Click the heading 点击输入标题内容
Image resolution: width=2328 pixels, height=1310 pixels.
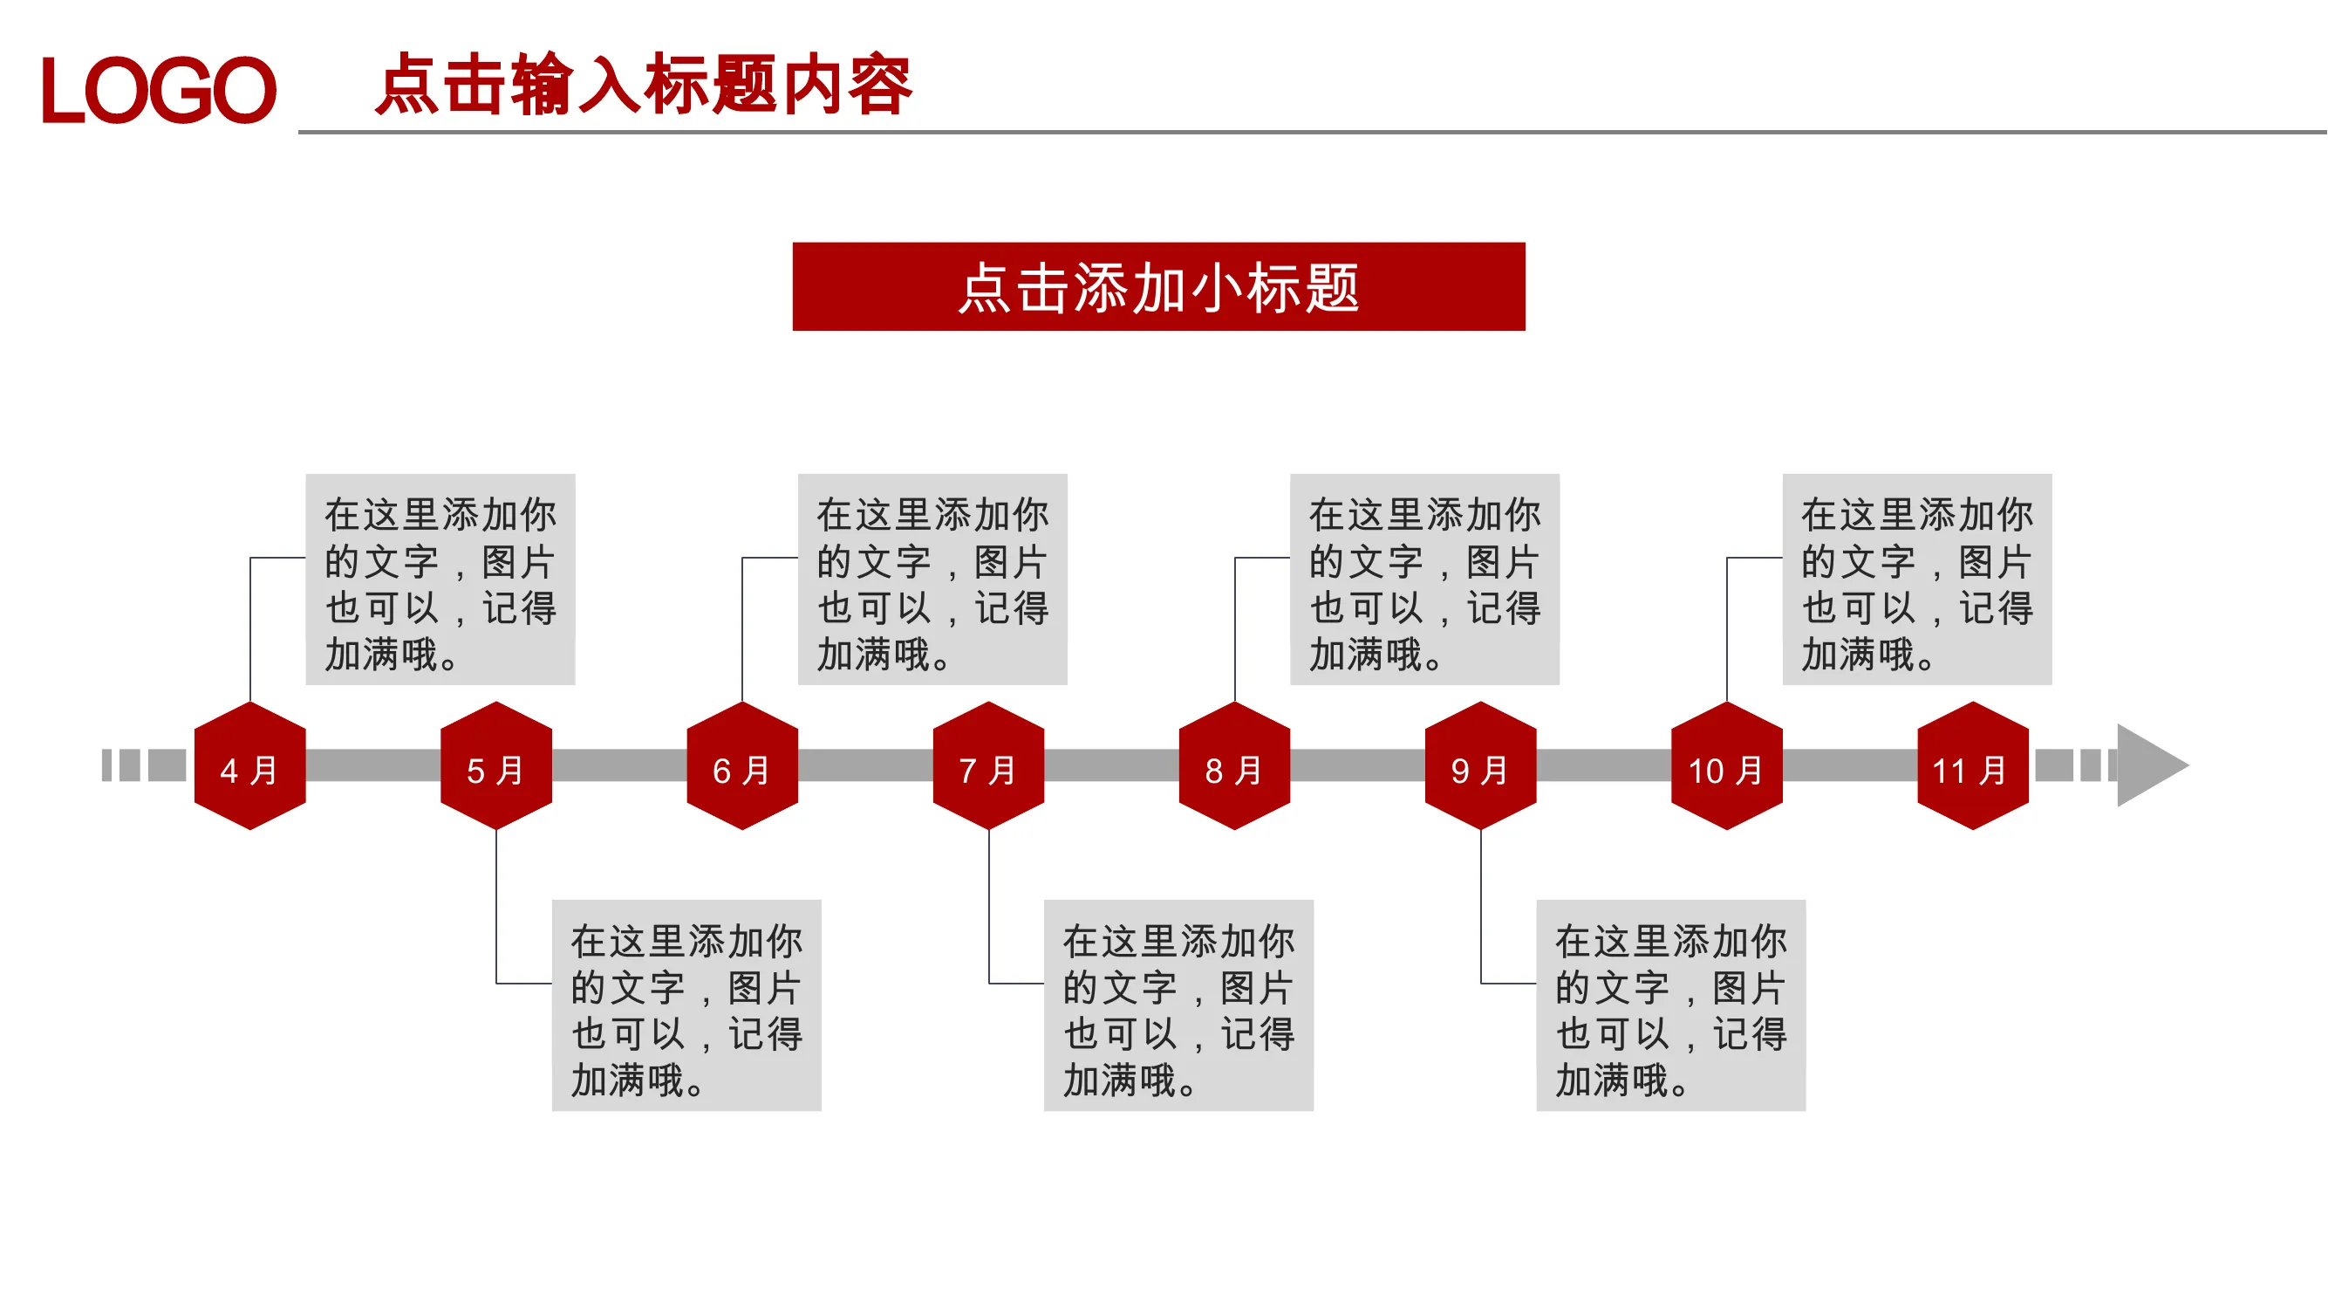[x=645, y=84]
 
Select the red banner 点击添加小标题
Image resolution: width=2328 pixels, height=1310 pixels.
[x=1158, y=286]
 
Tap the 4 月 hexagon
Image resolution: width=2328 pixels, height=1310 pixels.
[x=250, y=765]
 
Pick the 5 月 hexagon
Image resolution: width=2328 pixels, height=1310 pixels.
[x=496, y=765]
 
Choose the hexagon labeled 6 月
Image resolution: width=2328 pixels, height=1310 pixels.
[x=742, y=765]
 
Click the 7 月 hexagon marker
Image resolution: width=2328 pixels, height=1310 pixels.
[x=988, y=765]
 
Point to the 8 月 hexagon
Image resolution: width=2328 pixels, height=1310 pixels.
[x=1234, y=765]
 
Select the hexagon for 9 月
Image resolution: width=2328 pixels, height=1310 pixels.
[x=1480, y=765]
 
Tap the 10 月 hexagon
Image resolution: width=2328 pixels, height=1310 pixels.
[x=1727, y=765]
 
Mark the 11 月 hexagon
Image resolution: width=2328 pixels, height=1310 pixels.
[x=1973, y=765]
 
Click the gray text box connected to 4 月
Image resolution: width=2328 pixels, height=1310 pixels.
[x=440, y=580]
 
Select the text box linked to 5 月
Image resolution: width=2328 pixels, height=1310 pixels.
[x=686, y=1005]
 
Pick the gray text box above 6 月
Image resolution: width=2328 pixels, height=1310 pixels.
[x=932, y=580]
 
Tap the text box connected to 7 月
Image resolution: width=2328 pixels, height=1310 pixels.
[x=1178, y=1005]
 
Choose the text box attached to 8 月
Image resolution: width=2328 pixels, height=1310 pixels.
[x=1425, y=580]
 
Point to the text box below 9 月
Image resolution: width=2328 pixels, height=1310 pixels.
[x=1671, y=1005]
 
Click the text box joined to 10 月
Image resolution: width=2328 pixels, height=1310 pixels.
[x=1917, y=580]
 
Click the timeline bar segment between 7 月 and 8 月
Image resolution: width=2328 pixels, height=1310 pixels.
[x=1111, y=765]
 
